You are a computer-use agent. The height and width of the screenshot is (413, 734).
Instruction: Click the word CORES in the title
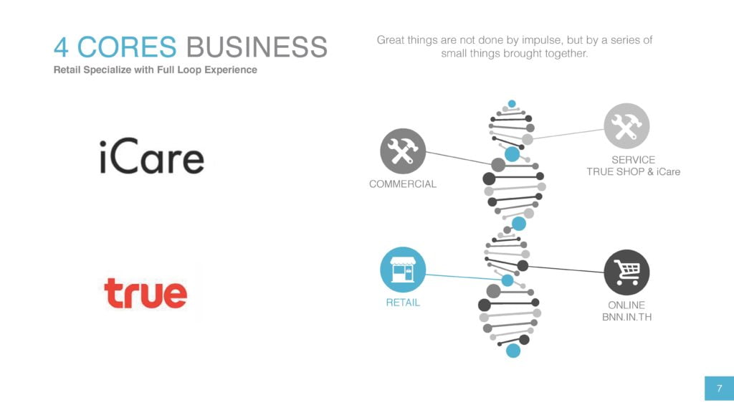click(x=127, y=47)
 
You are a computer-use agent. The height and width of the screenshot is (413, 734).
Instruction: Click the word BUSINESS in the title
click(x=257, y=47)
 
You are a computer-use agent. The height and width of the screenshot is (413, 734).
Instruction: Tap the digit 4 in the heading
click(x=61, y=47)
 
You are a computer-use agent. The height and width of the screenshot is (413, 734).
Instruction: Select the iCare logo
click(x=152, y=156)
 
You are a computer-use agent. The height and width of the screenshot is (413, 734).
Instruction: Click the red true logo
click(x=146, y=293)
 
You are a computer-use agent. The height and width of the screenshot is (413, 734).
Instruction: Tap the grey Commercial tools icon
click(x=403, y=151)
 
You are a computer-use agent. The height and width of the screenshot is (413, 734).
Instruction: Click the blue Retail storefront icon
click(x=403, y=270)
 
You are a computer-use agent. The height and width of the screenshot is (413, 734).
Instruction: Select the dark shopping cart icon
click(x=626, y=272)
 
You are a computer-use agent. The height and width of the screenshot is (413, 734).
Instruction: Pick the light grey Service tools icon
click(x=626, y=126)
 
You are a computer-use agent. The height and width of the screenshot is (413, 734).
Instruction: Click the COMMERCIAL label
click(x=403, y=184)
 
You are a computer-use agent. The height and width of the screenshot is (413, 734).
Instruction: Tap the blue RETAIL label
click(x=403, y=303)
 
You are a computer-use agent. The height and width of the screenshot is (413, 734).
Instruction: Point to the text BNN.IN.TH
click(x=626, y=317)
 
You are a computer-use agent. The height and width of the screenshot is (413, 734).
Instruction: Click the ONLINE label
click(x=626, y=305)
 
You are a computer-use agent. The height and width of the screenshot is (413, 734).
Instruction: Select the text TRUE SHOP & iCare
click(x=634, y=172)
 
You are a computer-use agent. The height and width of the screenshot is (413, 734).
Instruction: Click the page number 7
click(x=720, y=388)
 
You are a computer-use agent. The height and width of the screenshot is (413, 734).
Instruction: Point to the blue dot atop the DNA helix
click(x=512, y=103)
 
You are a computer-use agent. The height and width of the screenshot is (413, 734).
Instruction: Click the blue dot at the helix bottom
click(x=513, y=350)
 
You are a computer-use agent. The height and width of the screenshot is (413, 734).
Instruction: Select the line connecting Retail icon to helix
click(x=464, y=277)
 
